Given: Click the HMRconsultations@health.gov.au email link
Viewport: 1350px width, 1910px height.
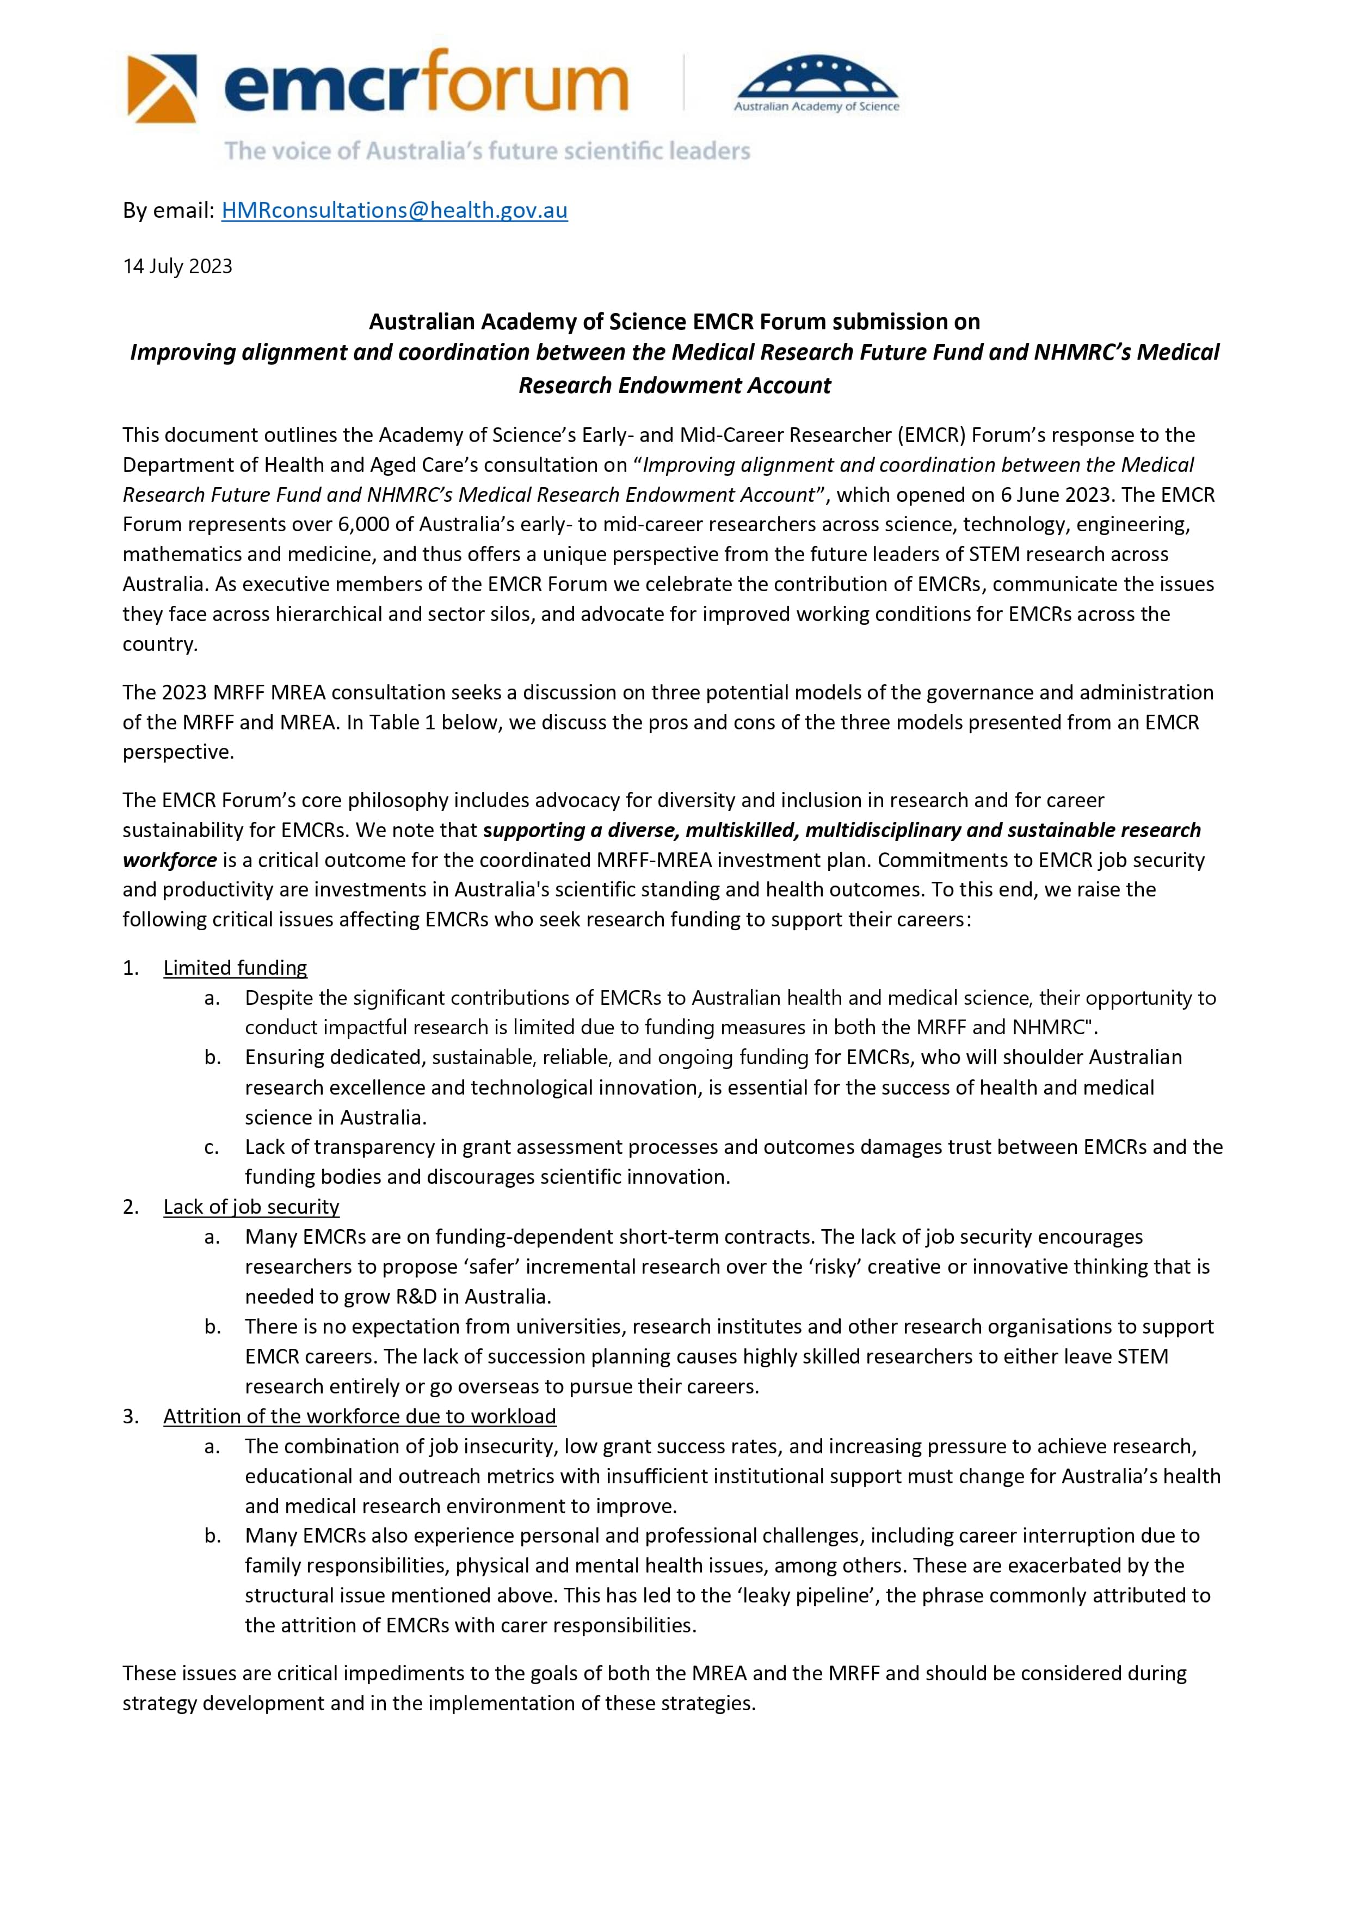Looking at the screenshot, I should click(x=394, y=211).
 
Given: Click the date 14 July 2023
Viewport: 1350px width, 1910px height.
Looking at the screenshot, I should click(x=177, y=266).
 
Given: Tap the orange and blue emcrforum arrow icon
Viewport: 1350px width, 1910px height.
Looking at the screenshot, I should click(x=162, y=88).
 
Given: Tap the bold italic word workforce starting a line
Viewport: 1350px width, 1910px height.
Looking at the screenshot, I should click(x=170, y=859).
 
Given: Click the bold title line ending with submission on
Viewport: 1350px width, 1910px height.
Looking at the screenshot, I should click(x=675, y=321).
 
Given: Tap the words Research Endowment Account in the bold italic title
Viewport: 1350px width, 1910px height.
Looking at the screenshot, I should click(x=675, y=385).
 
